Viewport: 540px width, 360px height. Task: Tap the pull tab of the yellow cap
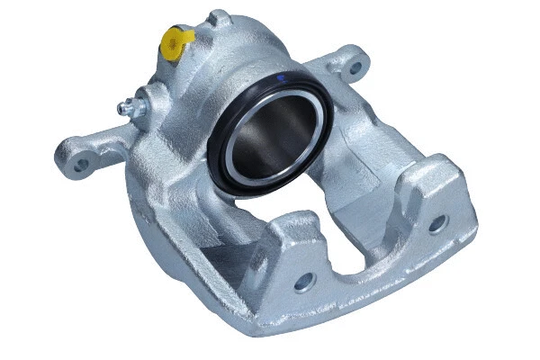coord(188,35)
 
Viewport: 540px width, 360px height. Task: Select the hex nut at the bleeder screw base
coord(138,103)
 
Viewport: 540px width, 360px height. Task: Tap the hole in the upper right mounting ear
coord(354,67)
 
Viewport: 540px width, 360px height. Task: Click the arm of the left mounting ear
coord(99,151)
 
